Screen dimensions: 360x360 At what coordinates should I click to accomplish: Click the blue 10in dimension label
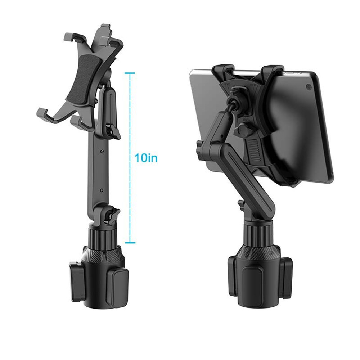(x=146, y=158)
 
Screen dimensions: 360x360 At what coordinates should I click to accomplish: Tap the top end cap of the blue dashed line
(x=130, y=73)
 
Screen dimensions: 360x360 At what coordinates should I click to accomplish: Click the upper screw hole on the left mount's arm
(x=103, y=151)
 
